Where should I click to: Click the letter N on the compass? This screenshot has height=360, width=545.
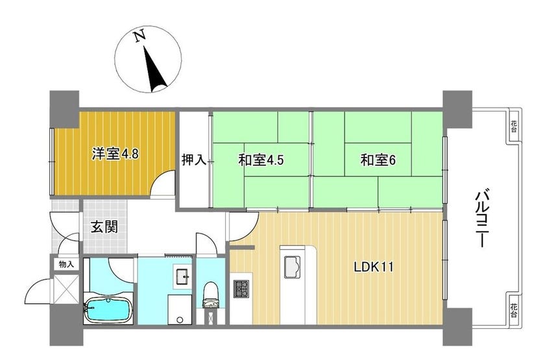coord(139,36)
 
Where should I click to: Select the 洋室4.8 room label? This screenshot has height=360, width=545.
coord(115,154)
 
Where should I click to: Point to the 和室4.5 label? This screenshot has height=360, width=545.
coord(261,160)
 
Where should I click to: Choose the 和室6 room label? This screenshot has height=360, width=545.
coord(378,160)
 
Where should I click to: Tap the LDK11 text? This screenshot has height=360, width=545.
coord(374,267)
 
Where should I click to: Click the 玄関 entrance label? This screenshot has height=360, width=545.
coord(104,227)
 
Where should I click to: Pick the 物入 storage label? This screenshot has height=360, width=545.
coord(66,265)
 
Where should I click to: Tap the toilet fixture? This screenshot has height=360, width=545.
coord(210,295)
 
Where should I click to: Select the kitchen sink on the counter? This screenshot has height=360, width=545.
coord(293,267)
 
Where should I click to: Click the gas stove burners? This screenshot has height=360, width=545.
coord(241,289)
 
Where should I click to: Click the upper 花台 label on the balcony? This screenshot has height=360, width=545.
coord(514,126)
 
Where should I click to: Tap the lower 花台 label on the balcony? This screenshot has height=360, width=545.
coord(514,310)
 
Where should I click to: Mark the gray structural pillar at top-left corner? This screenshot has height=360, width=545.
coord(65,109)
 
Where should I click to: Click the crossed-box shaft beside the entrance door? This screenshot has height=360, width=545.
coord(66,289)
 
